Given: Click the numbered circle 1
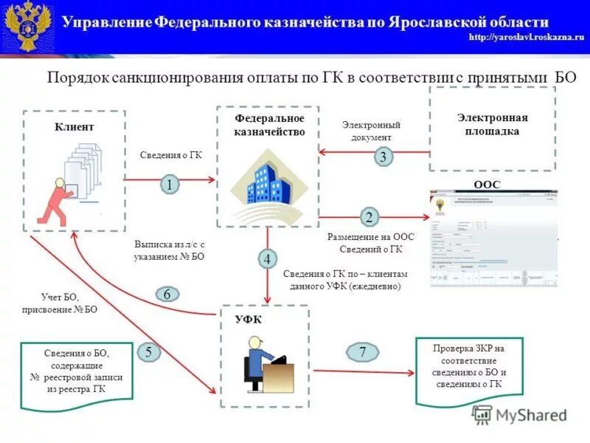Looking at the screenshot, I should [x=170, y=185].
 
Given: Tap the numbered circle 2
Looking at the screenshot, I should [x=369, y=217].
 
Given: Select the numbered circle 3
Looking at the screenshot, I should [x=382, y=157].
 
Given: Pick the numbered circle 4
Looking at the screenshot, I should [x=268, y=259].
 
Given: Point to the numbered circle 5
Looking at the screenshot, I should [x=149, y=352].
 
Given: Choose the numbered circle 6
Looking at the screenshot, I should [x=167, y=294].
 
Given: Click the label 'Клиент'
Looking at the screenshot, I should [x=74, y=127].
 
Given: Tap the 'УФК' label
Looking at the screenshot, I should [x=248, y=319].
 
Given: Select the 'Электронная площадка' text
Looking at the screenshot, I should [x=492, y=124].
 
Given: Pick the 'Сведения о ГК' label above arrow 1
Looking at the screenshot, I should [x=170, y=156].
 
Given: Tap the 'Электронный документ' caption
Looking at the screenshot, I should [x=371, y=131].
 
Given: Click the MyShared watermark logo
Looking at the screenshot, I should [x=519, y=415].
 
